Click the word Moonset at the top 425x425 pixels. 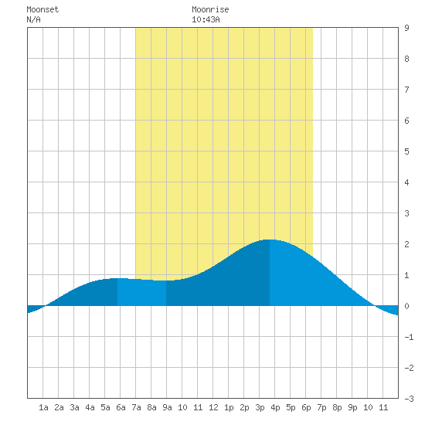click(42, 9)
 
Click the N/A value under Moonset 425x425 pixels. click(33, 19)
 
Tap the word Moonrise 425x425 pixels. click(210, 9)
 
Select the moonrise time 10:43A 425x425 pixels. click(206, 19)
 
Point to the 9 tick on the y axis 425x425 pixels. click(406, 28)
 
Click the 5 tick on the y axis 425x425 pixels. click(406, 151)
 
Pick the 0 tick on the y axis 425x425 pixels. click(406, 306)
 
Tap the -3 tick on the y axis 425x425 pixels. click(409, 399)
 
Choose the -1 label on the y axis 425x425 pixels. click(409, 337)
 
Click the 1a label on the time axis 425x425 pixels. click(43, 407)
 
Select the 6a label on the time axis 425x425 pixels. click(121, 407)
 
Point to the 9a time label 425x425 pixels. click(167, 407)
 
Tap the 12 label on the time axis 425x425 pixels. click(213, 407)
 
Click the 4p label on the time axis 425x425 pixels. click(275, 407)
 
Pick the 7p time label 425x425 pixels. click(321, 407)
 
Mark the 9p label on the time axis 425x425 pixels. click(352, 407)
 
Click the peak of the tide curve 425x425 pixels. click(269, 240)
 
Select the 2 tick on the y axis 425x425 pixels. click(406, 244)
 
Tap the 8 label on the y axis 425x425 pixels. click(406, 59)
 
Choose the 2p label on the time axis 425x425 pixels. click(244, 407)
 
